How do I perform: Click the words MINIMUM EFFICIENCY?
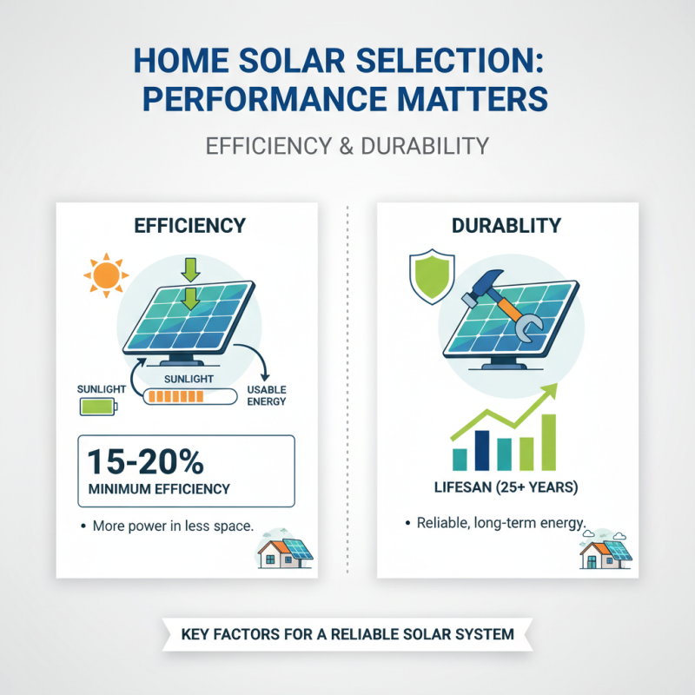[159, 489]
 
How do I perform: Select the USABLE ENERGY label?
[267, 394]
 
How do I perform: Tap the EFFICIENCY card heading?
[189, 226]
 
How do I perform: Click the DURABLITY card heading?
[506, 226]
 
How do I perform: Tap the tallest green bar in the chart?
[548, 440]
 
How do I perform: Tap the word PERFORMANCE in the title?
[273, 98]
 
